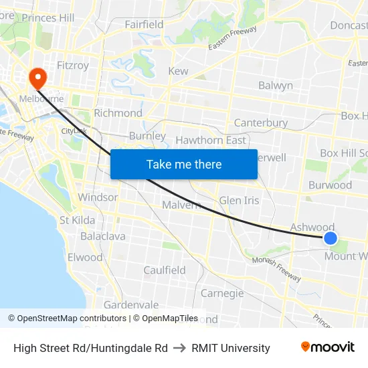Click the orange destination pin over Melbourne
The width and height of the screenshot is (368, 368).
tap(36, 78)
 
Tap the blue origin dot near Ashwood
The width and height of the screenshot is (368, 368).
tap(330, 238)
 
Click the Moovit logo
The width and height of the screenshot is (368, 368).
tap(328, 347)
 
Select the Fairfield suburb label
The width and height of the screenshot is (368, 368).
tap(144, 25)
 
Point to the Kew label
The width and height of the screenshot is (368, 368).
tap(178, 71)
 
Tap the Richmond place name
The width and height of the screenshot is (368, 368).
tap(118, 113)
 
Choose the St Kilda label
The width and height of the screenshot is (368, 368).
tap(77, 220)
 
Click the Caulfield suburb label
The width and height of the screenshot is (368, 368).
tap(165, 270)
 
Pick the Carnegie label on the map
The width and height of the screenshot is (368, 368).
tap(222, 293)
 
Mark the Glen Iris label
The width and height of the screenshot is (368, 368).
tap(239, 201)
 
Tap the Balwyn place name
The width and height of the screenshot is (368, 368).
tap(276, 86)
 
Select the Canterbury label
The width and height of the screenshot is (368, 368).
tap(260, 123)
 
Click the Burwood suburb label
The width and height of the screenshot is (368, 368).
tap(330, 185)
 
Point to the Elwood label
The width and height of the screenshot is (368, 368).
tap(85, 257)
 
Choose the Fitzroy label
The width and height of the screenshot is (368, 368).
tap(73, 66)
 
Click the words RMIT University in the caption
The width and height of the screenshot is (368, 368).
tap(231, 348)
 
